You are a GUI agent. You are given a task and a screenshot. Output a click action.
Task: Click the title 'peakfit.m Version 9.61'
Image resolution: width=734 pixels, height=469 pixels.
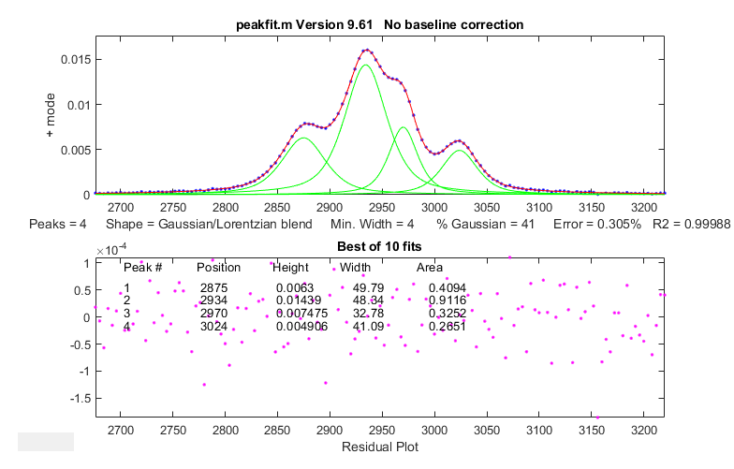click(x=315, y=23)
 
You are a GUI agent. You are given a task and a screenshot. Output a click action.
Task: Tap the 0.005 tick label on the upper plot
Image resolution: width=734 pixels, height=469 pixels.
click(x=75, y=149)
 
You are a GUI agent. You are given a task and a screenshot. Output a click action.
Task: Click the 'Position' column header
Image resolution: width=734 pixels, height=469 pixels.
click(x=218, y=268)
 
